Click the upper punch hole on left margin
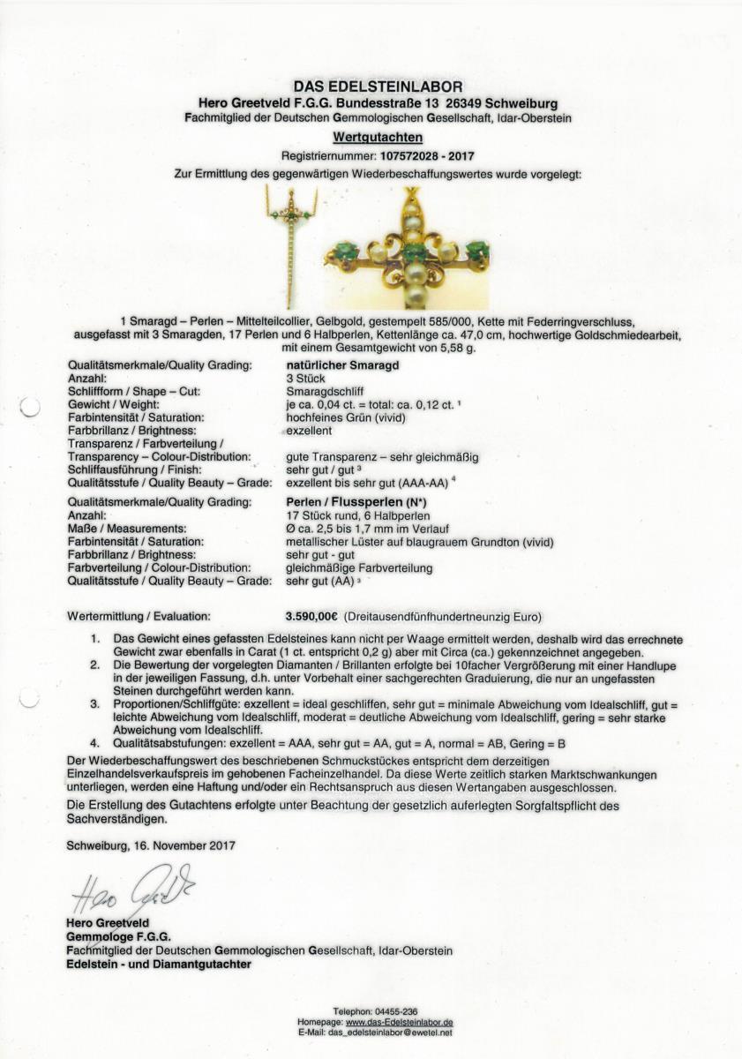pos(31,407)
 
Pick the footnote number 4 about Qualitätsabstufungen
pos(94,743)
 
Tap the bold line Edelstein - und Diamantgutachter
pos(159,965)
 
